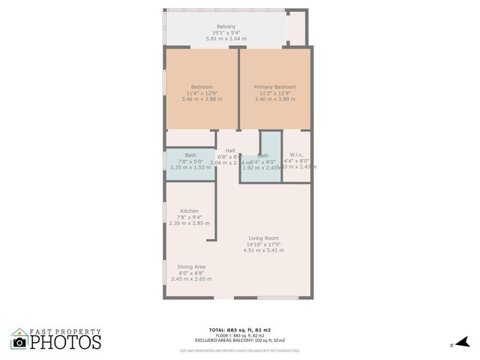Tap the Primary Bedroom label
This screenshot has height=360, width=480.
274,87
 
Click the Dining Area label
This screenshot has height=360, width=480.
191,266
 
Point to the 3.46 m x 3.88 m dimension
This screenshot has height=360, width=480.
202,99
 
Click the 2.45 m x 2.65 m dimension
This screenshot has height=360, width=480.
191,278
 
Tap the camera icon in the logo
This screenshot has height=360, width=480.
19,342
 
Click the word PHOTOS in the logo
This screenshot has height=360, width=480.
65,342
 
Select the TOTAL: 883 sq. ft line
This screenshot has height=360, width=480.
239,330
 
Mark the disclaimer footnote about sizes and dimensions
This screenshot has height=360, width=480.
239,350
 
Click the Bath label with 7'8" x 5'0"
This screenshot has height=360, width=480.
190,154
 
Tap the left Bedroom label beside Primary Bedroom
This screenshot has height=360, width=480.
202,87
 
